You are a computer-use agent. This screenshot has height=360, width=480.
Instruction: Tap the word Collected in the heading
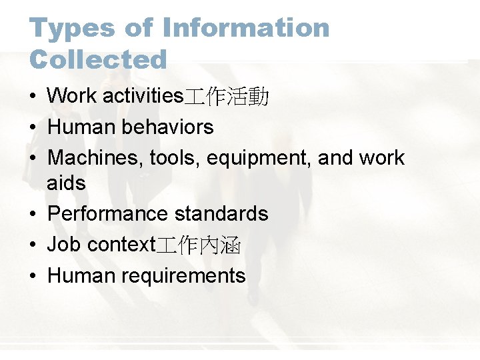[x=98, y=59]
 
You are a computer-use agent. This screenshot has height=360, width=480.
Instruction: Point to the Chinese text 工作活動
[x=226, y=97]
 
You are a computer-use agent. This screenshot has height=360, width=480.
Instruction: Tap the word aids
[x=66, y=183]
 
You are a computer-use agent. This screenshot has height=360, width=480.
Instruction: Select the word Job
[x=64, y=245]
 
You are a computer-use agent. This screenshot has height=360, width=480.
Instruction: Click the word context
[x=121, y=245]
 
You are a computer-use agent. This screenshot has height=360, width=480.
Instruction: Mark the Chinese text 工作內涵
[x=198, y=245]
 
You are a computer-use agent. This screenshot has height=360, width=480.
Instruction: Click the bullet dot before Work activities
[x=33, y=97]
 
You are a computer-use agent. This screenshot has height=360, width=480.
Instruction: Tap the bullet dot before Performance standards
[x=33, y=214]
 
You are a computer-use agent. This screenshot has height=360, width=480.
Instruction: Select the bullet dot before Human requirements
[x=33, y=276]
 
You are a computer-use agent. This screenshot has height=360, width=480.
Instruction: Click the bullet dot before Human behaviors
[x=33, y=127]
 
